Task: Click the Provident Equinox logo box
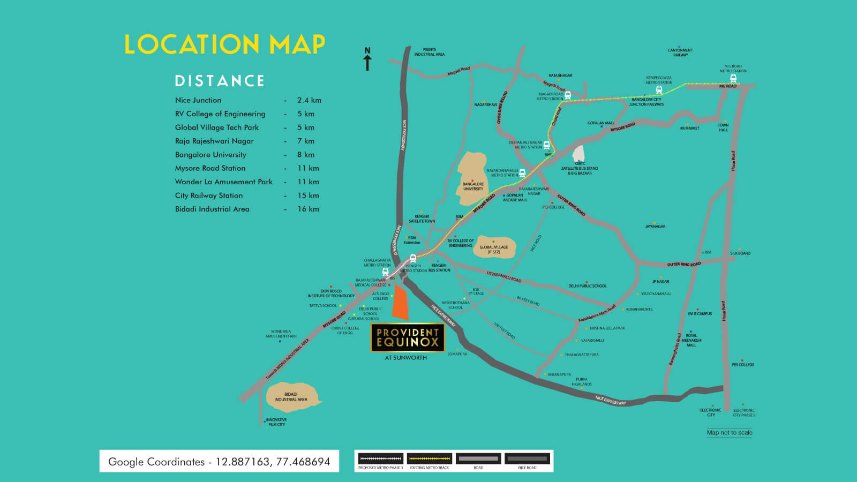point(408,337)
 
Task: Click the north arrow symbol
point(367,59)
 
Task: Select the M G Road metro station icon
point(733,79)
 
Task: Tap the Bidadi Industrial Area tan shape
point(292,397)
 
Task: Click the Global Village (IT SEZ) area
point(494,247)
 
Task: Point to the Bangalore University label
point(473,186)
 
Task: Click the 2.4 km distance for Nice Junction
point(309,100)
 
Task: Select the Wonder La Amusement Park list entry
point(223,182)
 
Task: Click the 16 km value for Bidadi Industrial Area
point(308,209)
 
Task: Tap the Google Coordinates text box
point(219,461)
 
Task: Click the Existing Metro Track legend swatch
point(429,459)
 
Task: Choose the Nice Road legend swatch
point(527,459)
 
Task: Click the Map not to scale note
point(729,433)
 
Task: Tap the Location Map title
point(224,44)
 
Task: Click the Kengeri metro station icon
point(413,258)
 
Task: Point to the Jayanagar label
point(655,227)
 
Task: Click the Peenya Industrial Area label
point(429,52)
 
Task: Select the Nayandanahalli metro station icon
point(522,173)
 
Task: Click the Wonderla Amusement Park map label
point(281,334)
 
